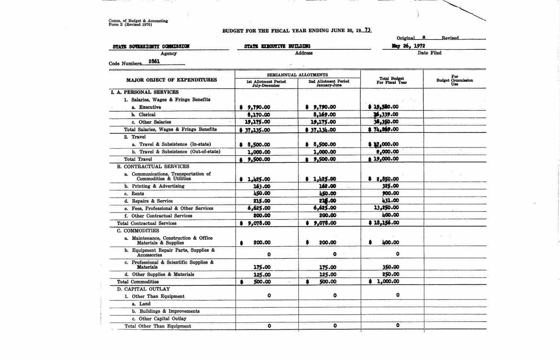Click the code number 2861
click(x=154, y=61)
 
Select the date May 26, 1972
click(x=408, y=46)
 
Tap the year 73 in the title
click(x=367, y=30)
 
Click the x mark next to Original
click(x=423, y=37)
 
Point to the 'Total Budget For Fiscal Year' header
click(x=392, y=80)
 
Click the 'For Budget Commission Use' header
click(x=455, y=80)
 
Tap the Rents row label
click(x=138, y=194)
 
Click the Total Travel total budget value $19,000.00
click(x=384, y=159)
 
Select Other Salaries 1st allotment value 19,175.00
click(x=257, y=122)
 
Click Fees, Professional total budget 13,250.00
click(x=385, y=208)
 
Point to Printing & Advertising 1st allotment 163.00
click(x=262, y=186)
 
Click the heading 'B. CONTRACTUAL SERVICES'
click(x=153, y=166)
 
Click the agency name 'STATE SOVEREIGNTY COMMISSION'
click(x=151, y=46)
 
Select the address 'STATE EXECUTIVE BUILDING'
click(x=277, y=46)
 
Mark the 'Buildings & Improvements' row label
click(x=169, y=311)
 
